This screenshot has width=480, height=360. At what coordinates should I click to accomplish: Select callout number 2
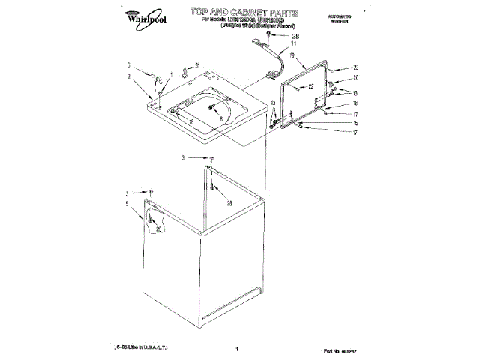click(x=128, y=76)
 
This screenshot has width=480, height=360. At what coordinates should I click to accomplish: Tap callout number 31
click(x=197, y=65)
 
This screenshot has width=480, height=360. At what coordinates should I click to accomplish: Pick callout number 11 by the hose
click(x=293, y=44)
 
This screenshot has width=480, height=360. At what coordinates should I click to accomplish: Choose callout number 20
click(x=356, y=78)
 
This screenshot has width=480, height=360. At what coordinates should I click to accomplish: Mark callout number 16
click(x=355, y=103)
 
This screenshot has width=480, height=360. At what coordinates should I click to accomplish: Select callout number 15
click(x=355, y=123)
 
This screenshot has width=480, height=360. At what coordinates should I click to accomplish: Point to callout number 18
click(x=193, y=122)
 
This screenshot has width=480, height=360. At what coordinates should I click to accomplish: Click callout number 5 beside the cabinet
click(x=127, y=203)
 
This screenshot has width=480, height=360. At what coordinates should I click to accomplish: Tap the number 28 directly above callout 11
click(x=295, y=35)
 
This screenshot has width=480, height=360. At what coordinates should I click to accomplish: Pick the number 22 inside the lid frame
click(x=310, y=88)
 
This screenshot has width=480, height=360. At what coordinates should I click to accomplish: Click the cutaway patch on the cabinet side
click(x=153, y=222)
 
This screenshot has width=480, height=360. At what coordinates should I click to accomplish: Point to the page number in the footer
click(x=236, y=349)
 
